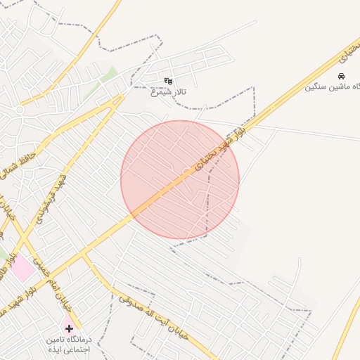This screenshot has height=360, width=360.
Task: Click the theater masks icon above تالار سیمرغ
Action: click(x=167, y=81)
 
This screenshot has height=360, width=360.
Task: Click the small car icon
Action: click(x=341, y=76)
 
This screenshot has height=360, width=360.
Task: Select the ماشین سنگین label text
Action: click(x=332, y=87)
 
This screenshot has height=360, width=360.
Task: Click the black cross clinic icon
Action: click(x=69, y=328)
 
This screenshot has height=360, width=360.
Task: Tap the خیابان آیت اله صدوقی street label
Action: click(x=154, y=316)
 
